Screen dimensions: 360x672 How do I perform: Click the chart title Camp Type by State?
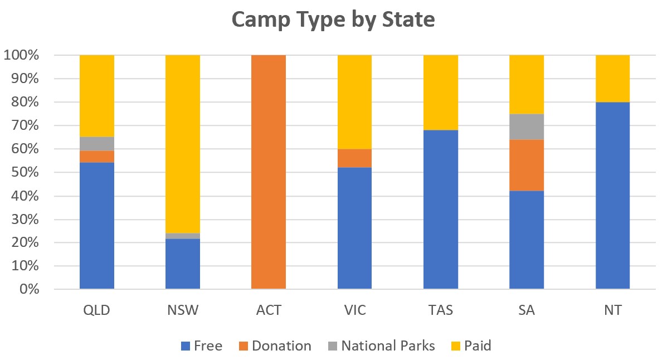coord(333,20)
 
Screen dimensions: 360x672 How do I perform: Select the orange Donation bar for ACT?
coord(269,172)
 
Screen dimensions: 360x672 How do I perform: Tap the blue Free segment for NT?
coord(612,195)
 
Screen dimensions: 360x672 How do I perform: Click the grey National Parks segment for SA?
coord(527,127)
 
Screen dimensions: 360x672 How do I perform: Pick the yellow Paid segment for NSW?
coord(183,144)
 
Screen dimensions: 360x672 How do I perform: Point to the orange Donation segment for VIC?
coord(354,158)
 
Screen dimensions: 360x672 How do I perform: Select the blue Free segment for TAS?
coord(440,209)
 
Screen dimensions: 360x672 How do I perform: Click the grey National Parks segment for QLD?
coord(97,144)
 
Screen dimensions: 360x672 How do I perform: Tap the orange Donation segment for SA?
coord(527,165)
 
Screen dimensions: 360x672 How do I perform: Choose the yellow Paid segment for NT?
coord(612,79)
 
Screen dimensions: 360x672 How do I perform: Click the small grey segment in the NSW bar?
coord(183,236)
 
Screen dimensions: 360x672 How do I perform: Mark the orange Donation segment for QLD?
coord(97,157)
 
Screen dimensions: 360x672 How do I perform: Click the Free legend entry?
coord(202,346)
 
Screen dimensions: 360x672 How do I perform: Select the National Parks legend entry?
coord(381,346)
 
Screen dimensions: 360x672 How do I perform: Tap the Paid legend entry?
coord(470,346)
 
